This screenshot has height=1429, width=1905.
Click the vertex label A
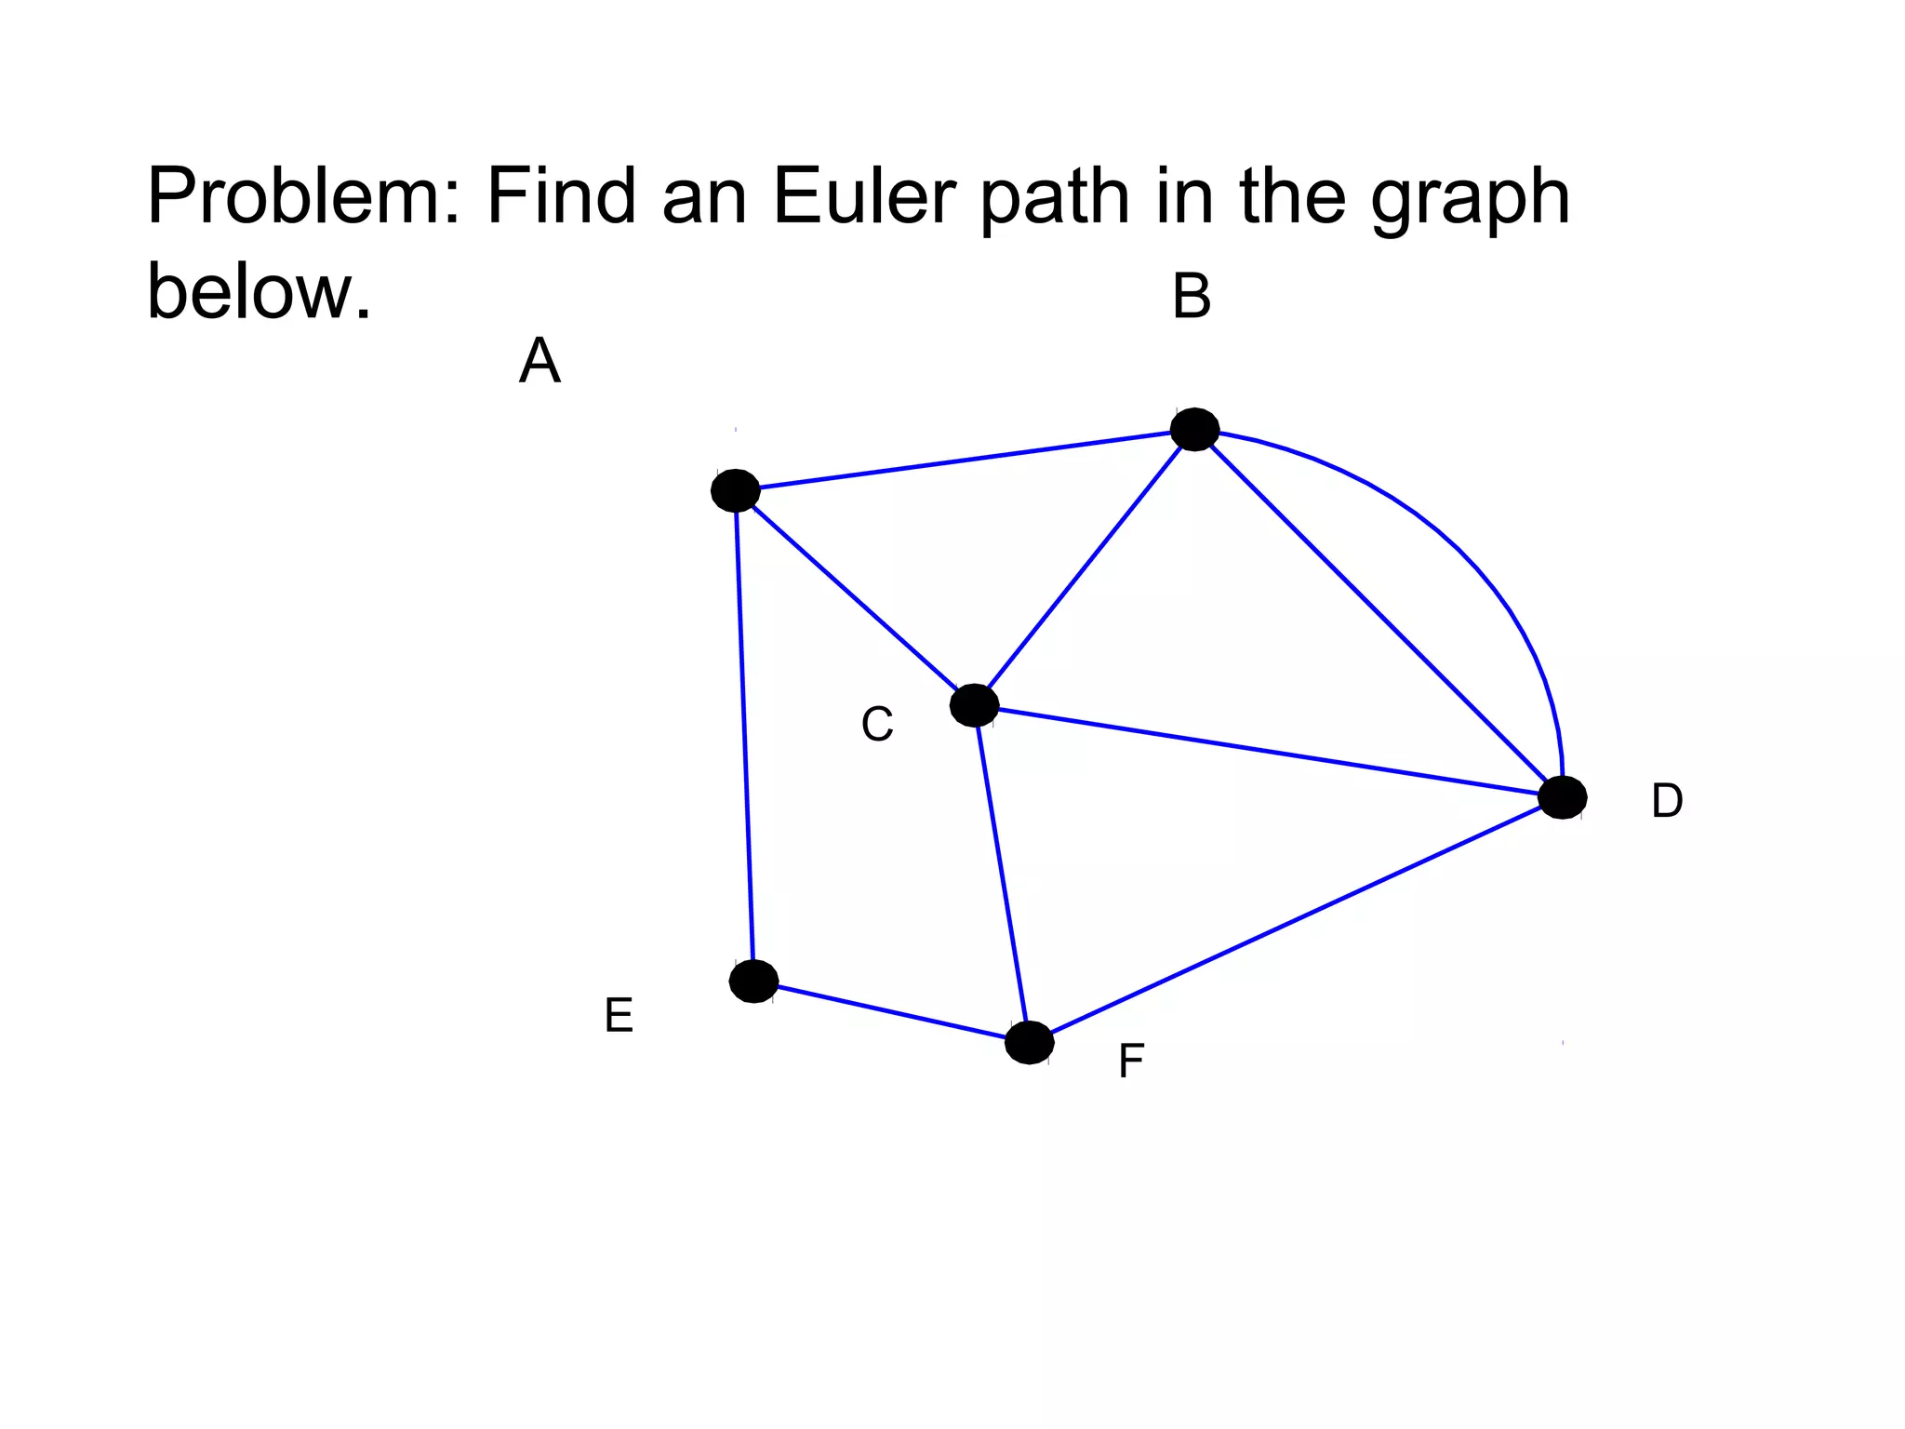[x=540, y=361]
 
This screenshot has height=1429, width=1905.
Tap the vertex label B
[x=1192, y=297]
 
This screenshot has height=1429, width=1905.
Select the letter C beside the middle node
[x=877, y=724]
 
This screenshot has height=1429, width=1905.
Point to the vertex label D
[x=1667, y=800]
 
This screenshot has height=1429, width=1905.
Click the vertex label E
[x=619, y=1015]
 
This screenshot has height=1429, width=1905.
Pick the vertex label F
[x=1131, y=1061]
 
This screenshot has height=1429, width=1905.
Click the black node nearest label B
[x=1194, y=429]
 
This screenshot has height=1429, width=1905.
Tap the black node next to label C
[x=974, y=705]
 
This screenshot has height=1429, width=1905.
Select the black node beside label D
[x=1562, y=797]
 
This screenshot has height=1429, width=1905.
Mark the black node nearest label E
[x=753, y=981]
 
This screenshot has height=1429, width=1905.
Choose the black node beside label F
[x=1029, y=1042]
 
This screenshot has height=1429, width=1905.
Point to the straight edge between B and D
[x=1377, y=612]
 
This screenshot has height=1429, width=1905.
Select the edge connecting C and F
[x=1002, y=875]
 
